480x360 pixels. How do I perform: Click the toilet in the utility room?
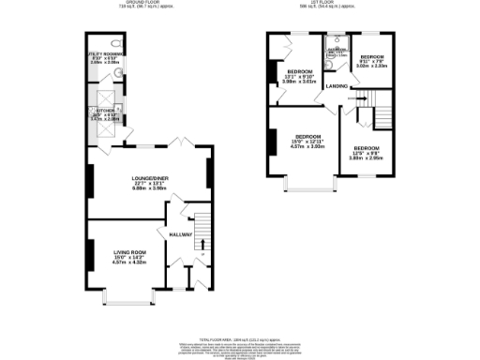pyautogui.click(x=113, y=44)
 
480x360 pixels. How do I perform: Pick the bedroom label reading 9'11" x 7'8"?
pyautogui.click(x=373, y=61)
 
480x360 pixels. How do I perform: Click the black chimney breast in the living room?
pyautogui.click(x=90, y=254)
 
